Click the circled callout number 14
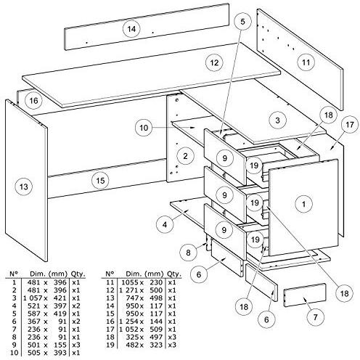point(131,29)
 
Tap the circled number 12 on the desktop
point(214,62)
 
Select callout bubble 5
point(242,22)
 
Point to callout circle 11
point(306,62)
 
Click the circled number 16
point(33,101)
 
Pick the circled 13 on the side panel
point(24,187)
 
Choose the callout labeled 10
point(144,128)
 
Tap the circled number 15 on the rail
point(100,181)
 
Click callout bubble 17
point(350,125)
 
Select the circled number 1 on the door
point(303,204)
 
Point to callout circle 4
point(165,224)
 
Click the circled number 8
point(188,253)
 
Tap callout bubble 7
point(315,317)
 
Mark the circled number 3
point(277,120)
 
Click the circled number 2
point(185,156)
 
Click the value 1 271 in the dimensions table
point(128,290)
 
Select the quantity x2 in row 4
point(75,306)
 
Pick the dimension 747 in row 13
point(133,298)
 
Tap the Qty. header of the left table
point(78,274)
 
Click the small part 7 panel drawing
point(305,295)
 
